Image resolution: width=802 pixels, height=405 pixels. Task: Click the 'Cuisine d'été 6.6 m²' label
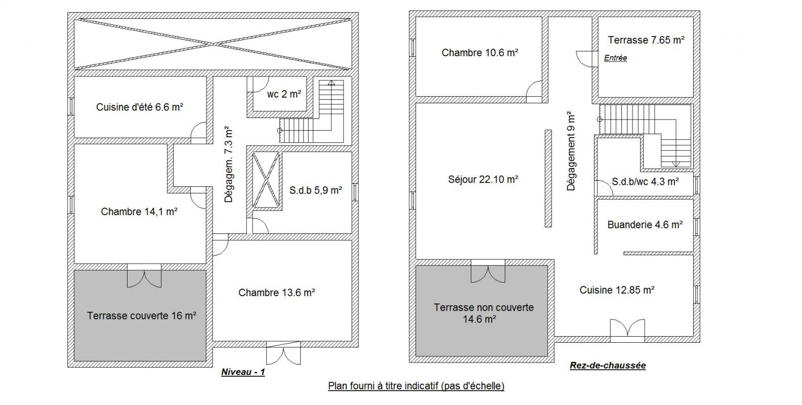(140, 107)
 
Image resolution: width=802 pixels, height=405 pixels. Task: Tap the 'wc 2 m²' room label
(284, 94)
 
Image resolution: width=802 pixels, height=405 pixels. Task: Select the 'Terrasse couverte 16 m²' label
(141, 315)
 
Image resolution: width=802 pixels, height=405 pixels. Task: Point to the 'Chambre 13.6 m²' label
(277, 293)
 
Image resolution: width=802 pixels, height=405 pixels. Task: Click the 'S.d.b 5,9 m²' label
(315, 190)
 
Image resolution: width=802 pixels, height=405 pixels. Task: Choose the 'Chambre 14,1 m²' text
(139, 212)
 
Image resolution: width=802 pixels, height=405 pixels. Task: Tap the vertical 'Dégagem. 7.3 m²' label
(228, 165)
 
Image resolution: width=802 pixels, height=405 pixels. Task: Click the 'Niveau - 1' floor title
(243, 372)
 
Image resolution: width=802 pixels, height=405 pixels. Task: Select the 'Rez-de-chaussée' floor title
(608, 365)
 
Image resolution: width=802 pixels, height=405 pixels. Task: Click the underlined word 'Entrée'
(615, 58)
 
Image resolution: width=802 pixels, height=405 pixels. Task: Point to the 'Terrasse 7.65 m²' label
(646, 40)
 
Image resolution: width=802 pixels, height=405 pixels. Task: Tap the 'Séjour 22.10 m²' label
(483, 179)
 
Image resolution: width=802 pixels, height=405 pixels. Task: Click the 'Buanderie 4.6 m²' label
(645, 225)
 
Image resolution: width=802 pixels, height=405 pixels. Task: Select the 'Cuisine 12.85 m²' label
(617, 290)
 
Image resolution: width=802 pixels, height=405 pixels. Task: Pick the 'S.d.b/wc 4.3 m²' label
(645, 182)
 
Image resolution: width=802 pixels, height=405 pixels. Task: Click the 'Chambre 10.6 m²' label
(480, 53)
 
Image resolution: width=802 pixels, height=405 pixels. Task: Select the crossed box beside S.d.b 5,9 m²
(266, 180)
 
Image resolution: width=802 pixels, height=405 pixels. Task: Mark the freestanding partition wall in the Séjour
(548, 178)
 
